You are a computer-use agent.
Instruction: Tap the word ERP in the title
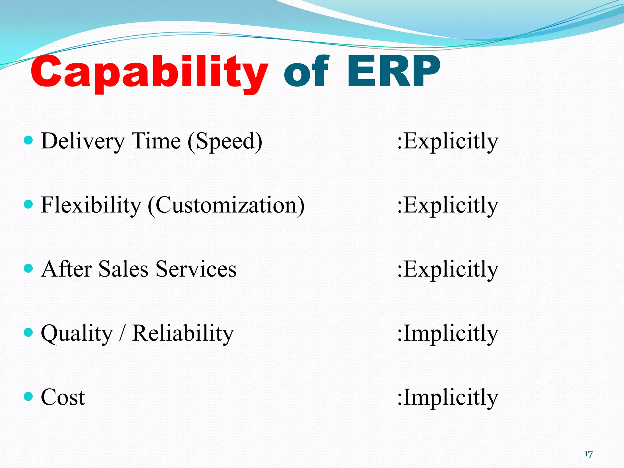coord(393,72)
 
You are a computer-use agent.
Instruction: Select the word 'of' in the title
coord(306,72)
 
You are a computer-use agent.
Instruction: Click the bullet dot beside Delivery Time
coord(28,140)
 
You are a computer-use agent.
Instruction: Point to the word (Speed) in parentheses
coord(225,141)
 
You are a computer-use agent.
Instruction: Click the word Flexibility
coord(91,205)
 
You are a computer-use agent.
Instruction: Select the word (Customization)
coord(226,206)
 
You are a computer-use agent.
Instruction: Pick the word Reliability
coord(183,333)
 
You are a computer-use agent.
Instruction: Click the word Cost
coord(63,397)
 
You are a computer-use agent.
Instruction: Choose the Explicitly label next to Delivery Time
coord(448,141)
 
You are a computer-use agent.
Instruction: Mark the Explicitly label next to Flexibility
coord(448,206)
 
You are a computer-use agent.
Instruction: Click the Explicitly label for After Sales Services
coord(448,270)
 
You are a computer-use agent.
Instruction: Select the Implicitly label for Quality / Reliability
coord(448,334)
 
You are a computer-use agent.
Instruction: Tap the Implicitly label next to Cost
coord(448,398)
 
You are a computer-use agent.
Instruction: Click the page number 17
coord(588,454)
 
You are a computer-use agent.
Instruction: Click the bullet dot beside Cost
coord(28,396)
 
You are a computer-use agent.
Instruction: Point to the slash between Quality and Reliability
coord(122,333)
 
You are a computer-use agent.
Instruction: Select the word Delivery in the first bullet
coord(83,141)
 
